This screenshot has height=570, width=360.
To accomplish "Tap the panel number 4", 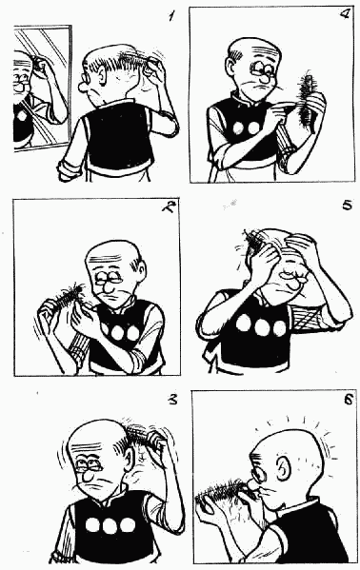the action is pyautogui.click(x=343, y=14).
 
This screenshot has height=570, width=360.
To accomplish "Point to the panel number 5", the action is pyautogui.click(x=347, y=206).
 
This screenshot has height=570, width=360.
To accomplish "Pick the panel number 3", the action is pyautogui.click(x=172, y=401).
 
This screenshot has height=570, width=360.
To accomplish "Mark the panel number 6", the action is pyautogui.click(x=348, y=400).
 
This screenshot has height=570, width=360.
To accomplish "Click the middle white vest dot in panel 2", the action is pyautogui.click(x=118, y=333).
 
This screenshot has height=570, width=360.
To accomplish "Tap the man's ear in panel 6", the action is pyautogui.click(x=283, y=468).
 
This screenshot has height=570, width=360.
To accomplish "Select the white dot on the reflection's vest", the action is pyautogui.click(x=22, y=116).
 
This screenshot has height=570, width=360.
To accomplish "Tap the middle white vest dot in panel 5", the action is pyautogui.click(x=263, y=327).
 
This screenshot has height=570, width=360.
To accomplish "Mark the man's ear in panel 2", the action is pyautogui.click(x=142, y=269).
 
